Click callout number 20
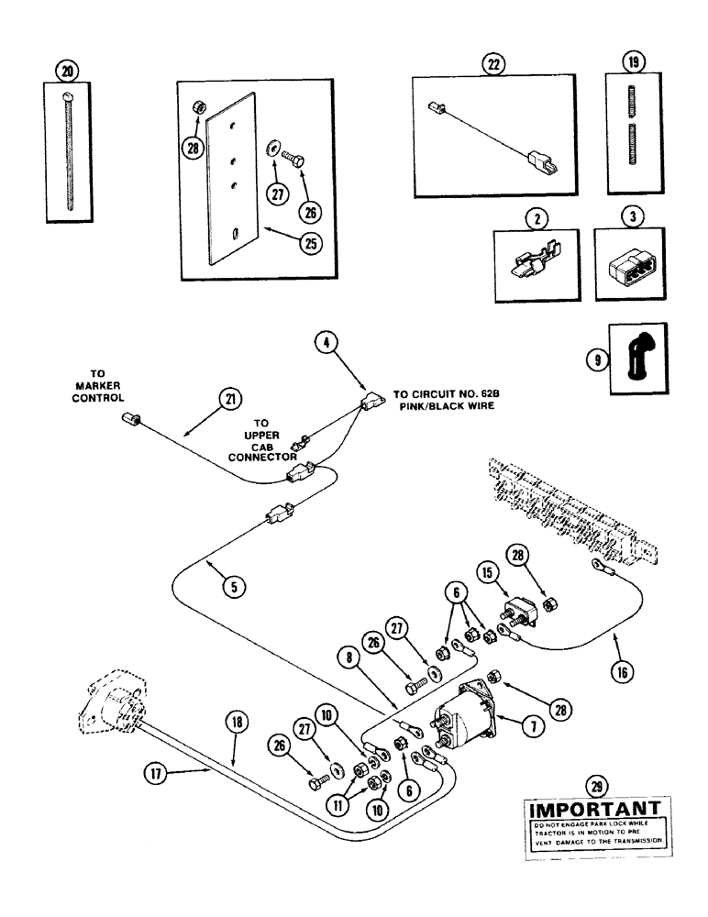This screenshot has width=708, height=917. [x=65, y=71]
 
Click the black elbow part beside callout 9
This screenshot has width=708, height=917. [x=633, y=357]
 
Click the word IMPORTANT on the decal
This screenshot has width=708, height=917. [x=592, y=810]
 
